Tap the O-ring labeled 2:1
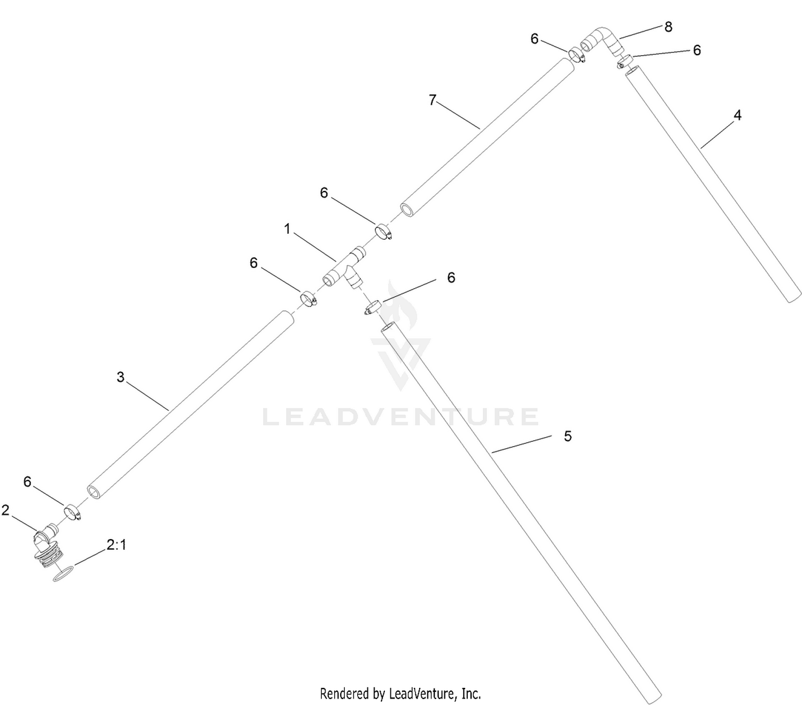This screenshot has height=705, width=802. pyautogui.click(x=63, y=574)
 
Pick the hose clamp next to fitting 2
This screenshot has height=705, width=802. pyautogui.click(x=72, y=512)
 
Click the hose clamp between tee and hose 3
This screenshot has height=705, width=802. pyautogui.click(x=309, y=298)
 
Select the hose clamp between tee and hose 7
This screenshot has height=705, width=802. pyautogui.click(x=383, y=231)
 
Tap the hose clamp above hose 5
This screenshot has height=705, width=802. pyautogui.click(x=373, y=308)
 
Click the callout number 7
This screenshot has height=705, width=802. pyautogui.click(x=432, y=100)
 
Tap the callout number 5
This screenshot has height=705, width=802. pyautogui.click(x=568, y=436)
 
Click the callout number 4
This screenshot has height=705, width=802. pyautogui.click(x=737, y=115)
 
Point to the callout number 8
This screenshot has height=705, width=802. pyautogui.click(x=668, y=27)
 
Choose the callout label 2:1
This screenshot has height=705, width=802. pyautogui.click(x=116, y=545)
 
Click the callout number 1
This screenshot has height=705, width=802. pyautogui.click(x=288, y=228)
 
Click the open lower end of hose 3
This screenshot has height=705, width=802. pyautogui.click(x=94, y=492)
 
